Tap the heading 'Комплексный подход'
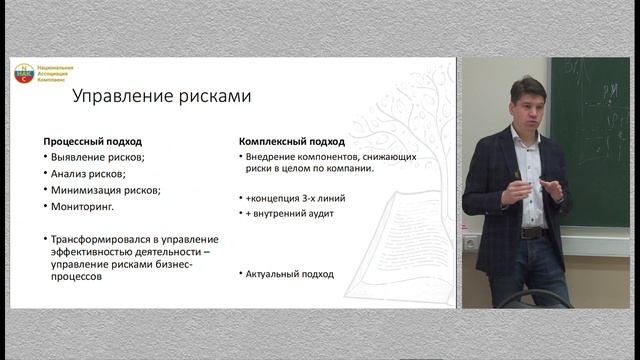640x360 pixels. (288, 141)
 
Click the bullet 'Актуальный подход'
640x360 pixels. (292, 274)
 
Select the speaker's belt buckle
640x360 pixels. (532, 232)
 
